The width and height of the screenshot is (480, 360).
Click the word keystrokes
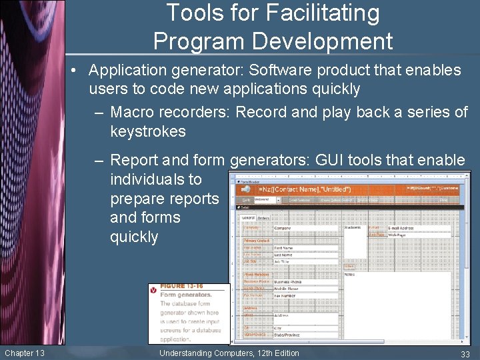pos(148,131)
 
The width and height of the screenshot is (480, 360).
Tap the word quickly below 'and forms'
pos(134,237)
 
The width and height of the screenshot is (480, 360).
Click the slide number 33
pos(465,353)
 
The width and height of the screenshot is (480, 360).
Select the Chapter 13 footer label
pos(25,353)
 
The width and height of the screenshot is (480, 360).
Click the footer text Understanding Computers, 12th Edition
pos(229,353)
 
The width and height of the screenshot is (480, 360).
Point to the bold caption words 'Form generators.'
pos(186,295)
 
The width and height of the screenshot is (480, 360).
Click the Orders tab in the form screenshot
pos(263,217)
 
